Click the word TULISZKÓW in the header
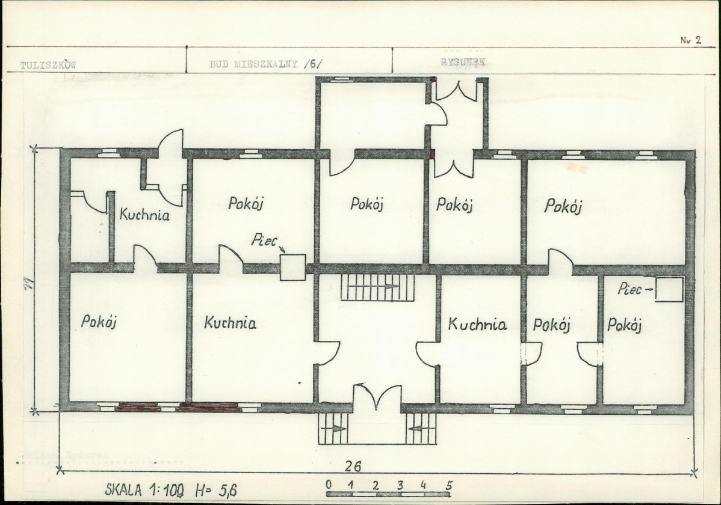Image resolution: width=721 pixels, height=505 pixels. pos(48,66)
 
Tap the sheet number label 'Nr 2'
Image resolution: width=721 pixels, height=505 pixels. pos(690,40)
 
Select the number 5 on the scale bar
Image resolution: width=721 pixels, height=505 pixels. pos(449,484)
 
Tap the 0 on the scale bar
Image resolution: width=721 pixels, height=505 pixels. pos(328,484)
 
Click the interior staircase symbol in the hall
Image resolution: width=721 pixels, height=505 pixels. pos(378,287)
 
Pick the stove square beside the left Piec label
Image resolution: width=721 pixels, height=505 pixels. pos(293,268)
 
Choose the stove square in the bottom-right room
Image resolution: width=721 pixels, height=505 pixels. pos(669,289)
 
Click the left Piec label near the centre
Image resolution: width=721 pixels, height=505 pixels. pos(264,241)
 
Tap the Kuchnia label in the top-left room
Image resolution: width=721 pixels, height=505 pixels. pos(144,215)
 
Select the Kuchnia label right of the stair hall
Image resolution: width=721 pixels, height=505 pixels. pos(477,325)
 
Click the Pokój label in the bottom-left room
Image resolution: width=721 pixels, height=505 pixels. pos(99,321)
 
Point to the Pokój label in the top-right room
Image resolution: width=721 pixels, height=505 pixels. pos(563,206)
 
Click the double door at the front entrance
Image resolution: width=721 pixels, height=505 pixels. pos(377,397)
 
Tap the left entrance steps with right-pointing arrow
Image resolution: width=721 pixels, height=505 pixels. pos(333,428)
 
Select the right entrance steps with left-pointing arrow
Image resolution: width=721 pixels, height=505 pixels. pos(421,428)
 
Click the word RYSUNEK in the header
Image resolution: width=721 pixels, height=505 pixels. pos(462,61)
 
